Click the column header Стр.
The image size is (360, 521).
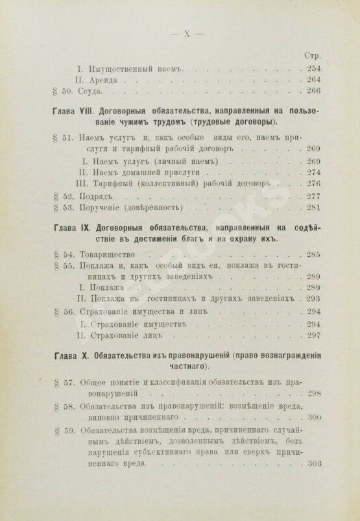tap(314, 56)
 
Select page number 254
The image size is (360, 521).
tap(315, 68)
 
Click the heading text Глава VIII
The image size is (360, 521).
tap(76, 111)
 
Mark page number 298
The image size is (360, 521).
tap(315, 393)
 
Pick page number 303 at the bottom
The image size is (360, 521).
tap(315, 465)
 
